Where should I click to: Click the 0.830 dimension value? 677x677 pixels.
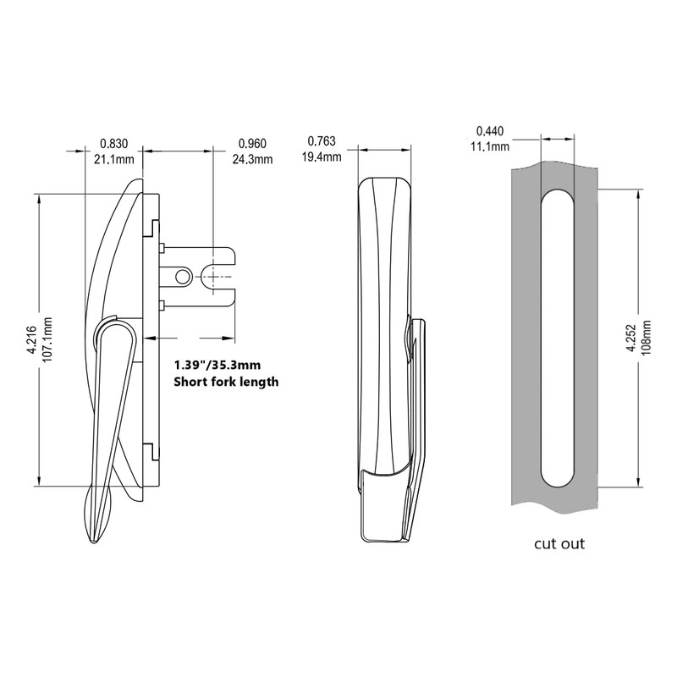click(113, 143)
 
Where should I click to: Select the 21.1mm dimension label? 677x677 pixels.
click(113, 158)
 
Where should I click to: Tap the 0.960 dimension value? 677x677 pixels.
click(252, 143)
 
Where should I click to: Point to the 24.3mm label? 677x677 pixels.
click(252, 158)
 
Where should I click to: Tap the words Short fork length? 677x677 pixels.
click(225, 382)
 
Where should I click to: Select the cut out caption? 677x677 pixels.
click(559, 543)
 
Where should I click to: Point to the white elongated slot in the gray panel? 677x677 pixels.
click(557, 338)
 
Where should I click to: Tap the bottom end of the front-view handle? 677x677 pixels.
click(385, 535)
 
